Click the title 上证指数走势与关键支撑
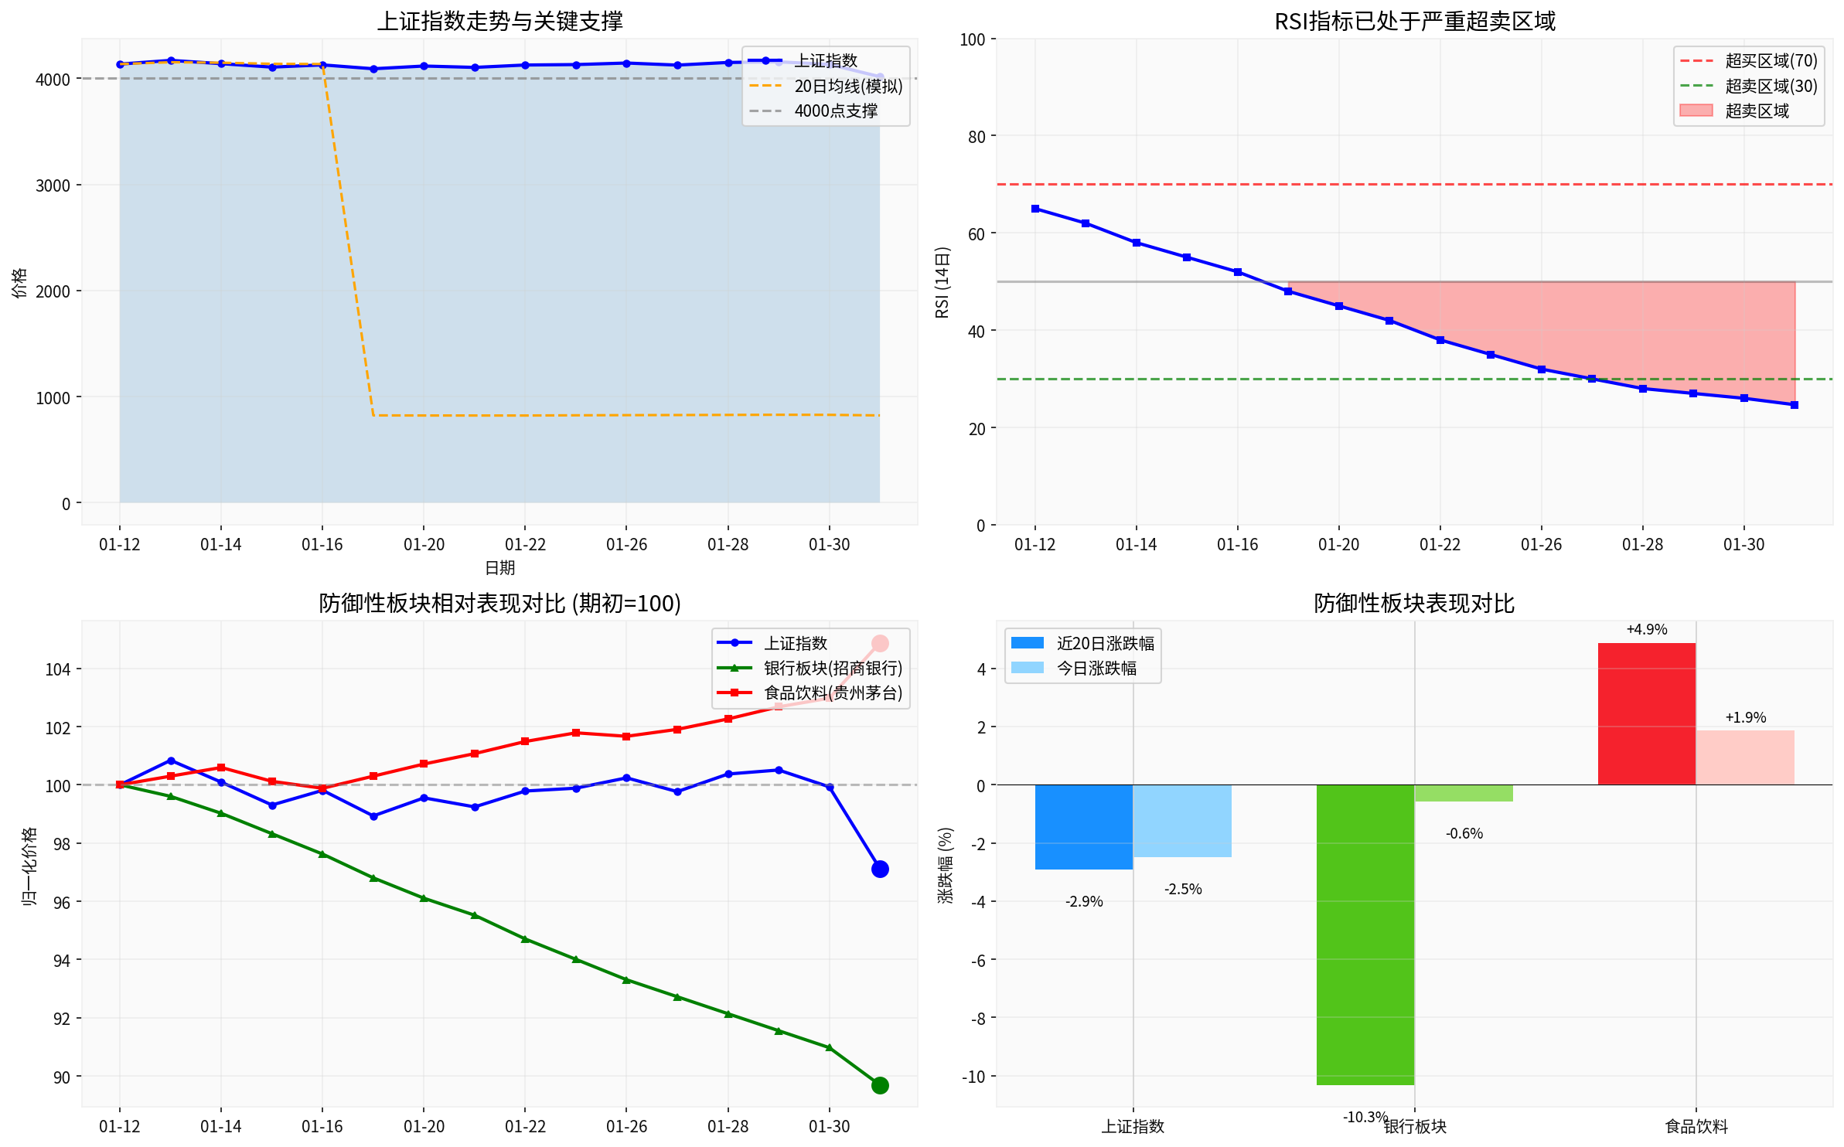click(x=499, y=21)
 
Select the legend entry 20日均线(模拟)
click(x=847, y=86)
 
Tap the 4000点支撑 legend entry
click(x=835, y=111)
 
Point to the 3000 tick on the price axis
click(x=53, y=185)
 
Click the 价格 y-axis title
click(x=19, y=283)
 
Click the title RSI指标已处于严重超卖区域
click(x=1414, y=21)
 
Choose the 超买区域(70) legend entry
click(x=1771, y=61)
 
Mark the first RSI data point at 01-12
click(x=1035, y=209)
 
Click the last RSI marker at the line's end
click(x=1795, y=405)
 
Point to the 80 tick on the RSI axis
click(x=977, y=137)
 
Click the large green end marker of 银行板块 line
click(x=880, y=1085)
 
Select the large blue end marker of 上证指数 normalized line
click(x=880, y=870)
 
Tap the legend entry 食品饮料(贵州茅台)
click(x=832, y=693)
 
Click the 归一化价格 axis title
click(x=29, y=866)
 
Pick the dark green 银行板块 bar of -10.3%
click(x=1365, y=934)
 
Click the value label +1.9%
click(x=1746, y=717)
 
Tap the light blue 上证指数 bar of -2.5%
click(x=1182, y=821)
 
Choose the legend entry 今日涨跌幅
click(x=1096, y=668)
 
